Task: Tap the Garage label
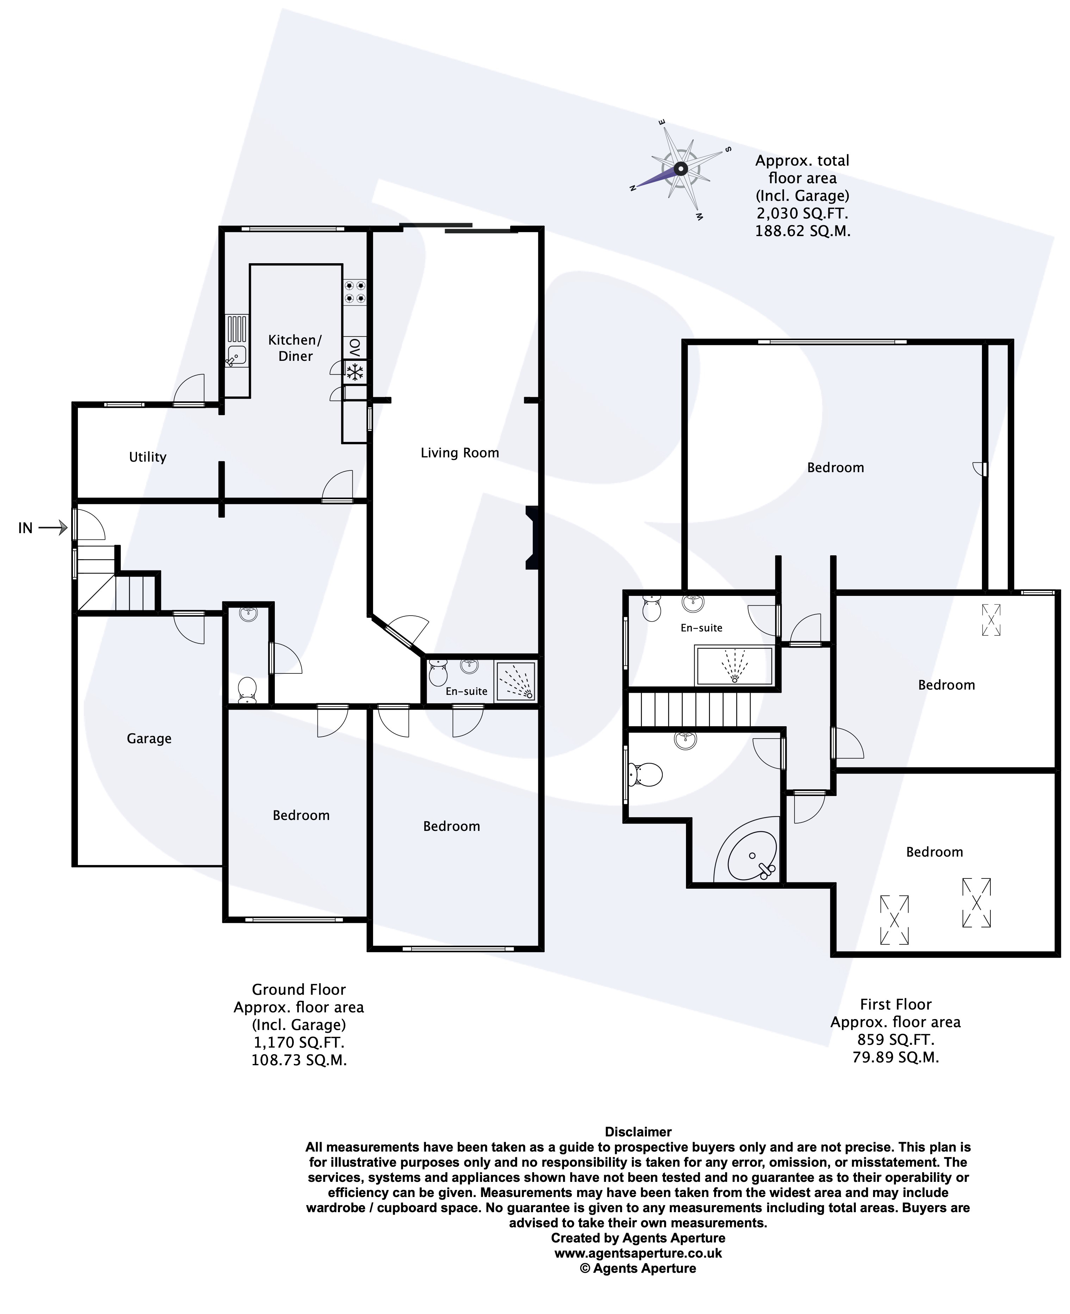pyautogui.click(x=149, y=738)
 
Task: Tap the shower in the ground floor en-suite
pyautogui.click(x=516, y=681)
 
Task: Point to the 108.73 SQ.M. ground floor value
pyautogui.click(x=299, y=1060)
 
